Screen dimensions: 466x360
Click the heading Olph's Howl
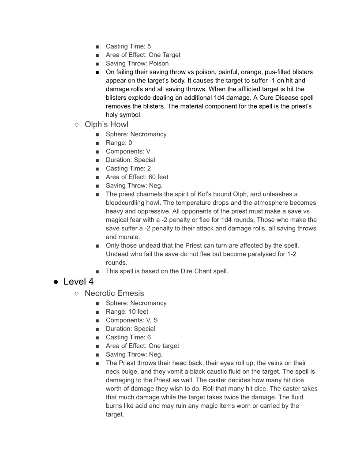coord(106,124)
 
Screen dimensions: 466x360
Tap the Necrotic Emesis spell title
coord(114,293)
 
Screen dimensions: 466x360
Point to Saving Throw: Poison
coord(137,63)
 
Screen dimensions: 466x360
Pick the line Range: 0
coord(119,143)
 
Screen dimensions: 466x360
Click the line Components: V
coord(128,151)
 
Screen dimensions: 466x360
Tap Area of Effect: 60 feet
coord(137,177)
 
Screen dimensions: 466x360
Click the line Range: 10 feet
coord(127,312)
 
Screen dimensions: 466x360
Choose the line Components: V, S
coord(131,320)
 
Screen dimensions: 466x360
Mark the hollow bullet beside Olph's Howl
coord(77,125)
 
